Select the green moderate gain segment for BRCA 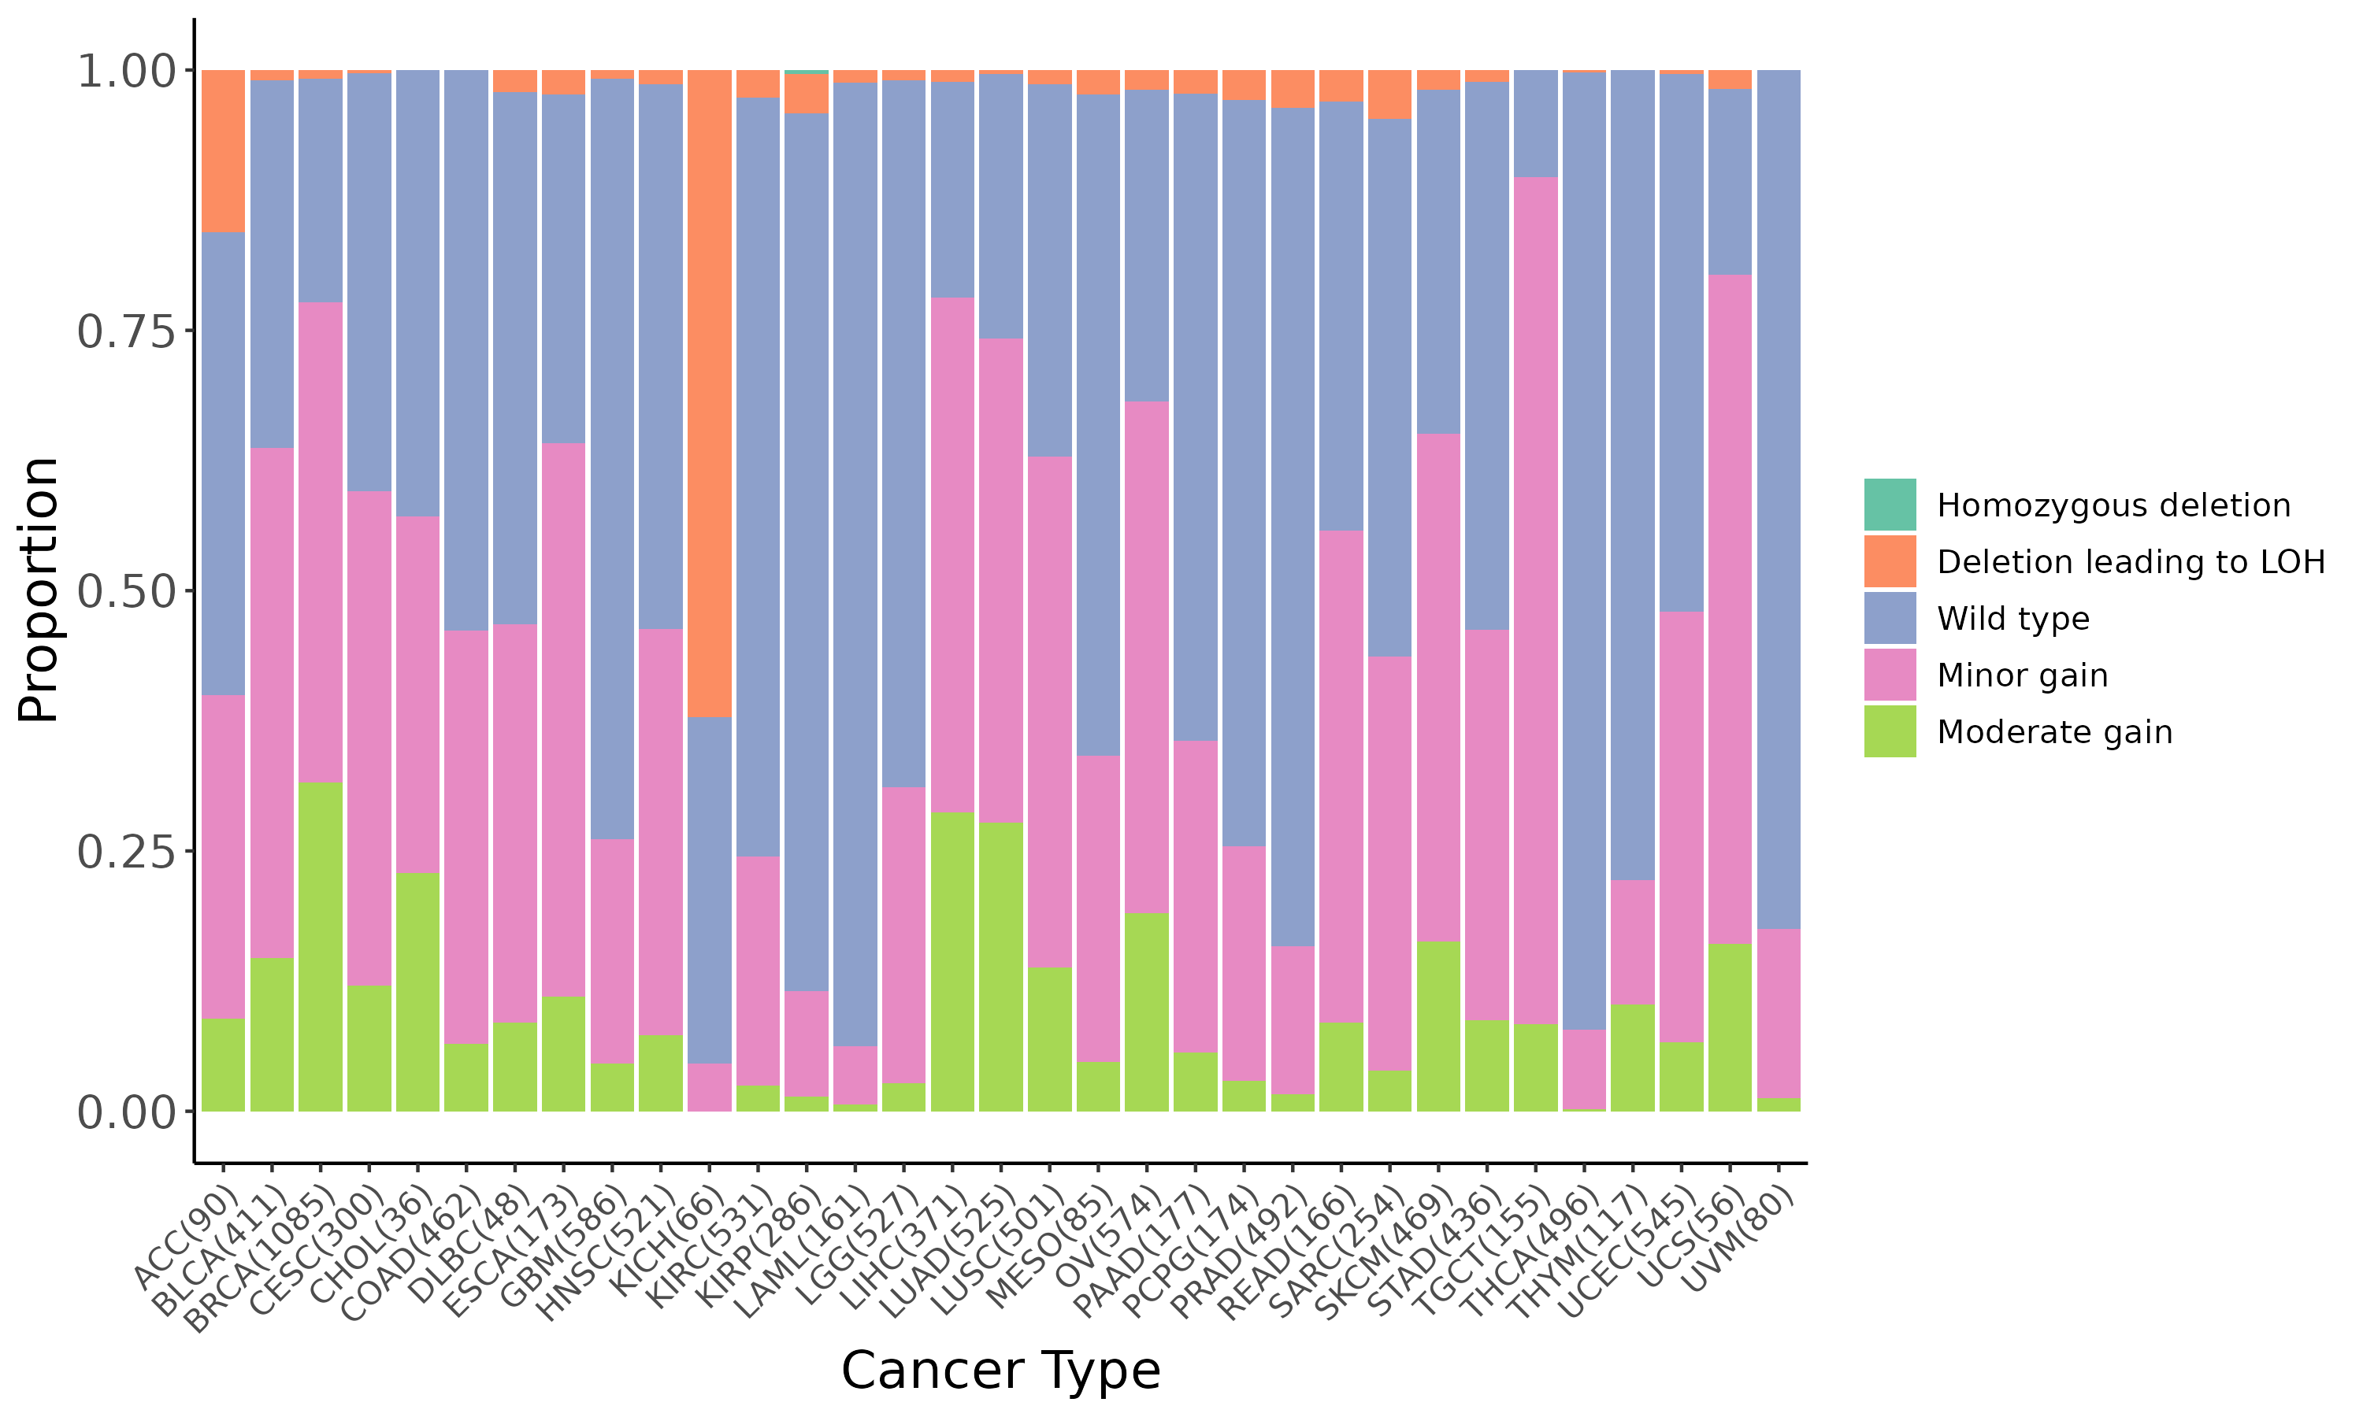[320, 945]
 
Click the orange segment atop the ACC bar [223, 151]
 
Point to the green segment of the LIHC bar [952, 960]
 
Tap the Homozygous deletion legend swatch [1890, 504]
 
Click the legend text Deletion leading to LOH [2130, 561]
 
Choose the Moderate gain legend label [2053, 732]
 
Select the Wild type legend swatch [1890, 618]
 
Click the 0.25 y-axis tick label [126, 852]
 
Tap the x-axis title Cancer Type [1000, 1371]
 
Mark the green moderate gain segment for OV [1146, 1012]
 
